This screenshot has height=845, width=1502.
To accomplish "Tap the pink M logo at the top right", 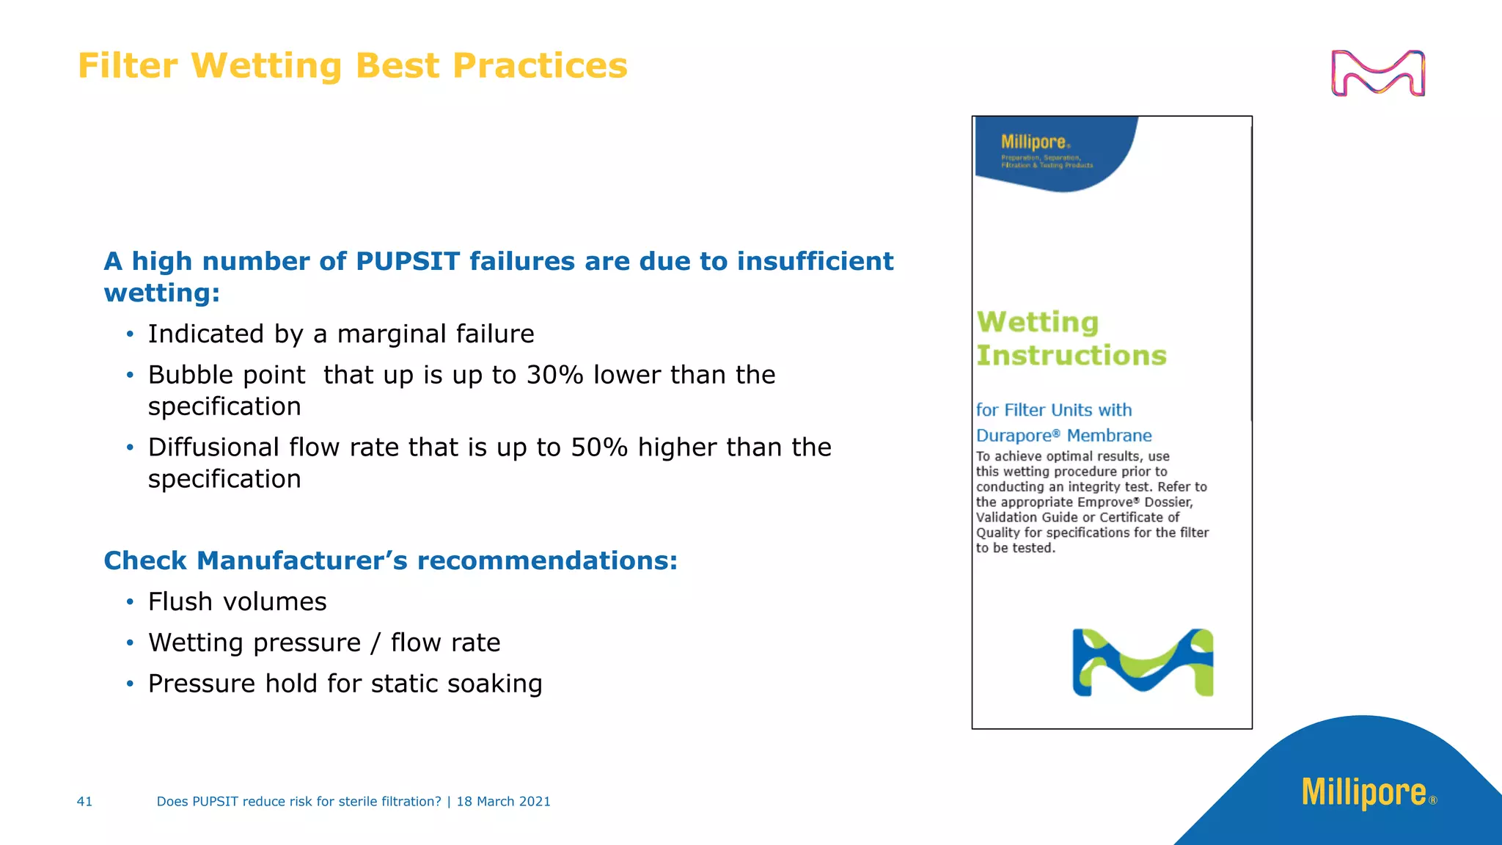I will tap(1377, 73).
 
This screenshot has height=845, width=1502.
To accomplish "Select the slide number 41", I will tap(84, 802).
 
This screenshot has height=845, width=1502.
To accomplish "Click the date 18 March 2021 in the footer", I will tap(503, 802).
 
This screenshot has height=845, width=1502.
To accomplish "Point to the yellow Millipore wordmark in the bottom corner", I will tap(1363, 792).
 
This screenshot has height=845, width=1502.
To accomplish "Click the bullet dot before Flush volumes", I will tap(130, 602).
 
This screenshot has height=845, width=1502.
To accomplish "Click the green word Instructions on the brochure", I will tap(1071, 356).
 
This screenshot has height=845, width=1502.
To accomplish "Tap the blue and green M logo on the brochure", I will tap(1143, 662).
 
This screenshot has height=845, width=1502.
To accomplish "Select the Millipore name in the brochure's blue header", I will tap(1033, 142).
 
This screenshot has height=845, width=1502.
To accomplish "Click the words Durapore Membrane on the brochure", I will tap(1063, 436).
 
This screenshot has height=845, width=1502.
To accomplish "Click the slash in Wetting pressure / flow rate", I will tap(375, 643).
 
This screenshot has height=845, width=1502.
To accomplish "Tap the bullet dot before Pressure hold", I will tap(130, 684).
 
